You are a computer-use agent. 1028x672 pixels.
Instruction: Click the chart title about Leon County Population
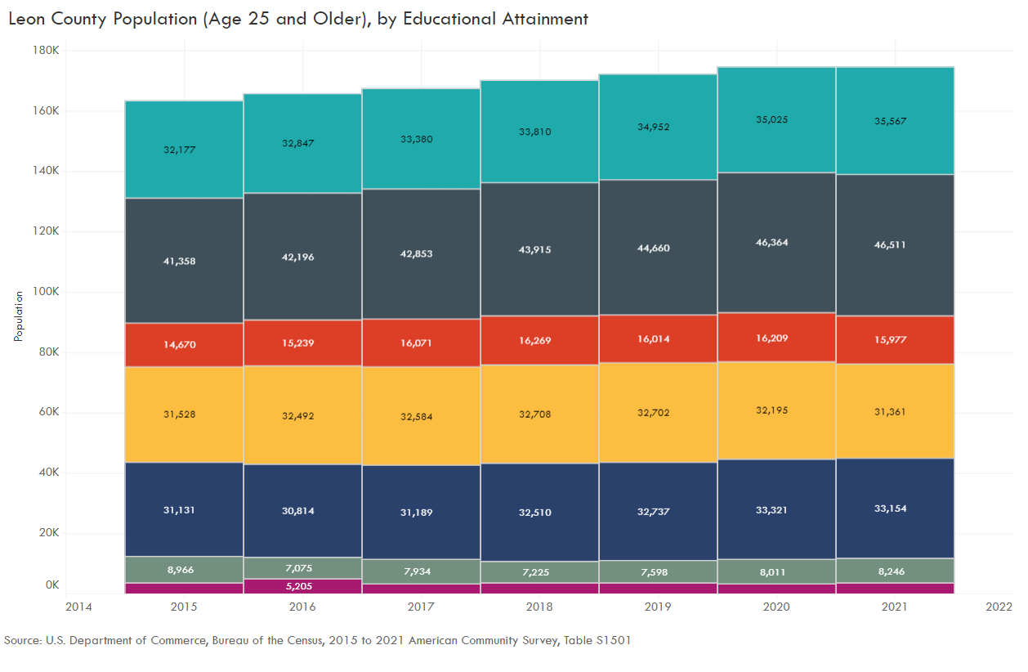pyautogui.click(x=297, y=19)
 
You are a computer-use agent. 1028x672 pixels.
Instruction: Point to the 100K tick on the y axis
pyautogui.click(x=47, y=292)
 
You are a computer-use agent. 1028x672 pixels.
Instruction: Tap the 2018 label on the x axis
pyautogui.click(x=539, y=607)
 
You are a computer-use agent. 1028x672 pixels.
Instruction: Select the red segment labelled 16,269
pyautogui.click(x=539, y=339)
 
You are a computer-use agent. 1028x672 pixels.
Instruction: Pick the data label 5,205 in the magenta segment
pyautogui.click(x=302, y=586)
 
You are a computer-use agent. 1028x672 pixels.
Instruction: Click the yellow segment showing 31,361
pyautogui.click(x=895, y=411)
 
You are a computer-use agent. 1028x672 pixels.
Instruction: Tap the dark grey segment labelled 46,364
pyautogui.click(x=776, y=243)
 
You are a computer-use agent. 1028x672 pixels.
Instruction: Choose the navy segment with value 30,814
pyautogui.click(x=302, y=510)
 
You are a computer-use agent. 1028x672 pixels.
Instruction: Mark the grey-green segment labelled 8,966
pyautogui.click(x=184, y=569)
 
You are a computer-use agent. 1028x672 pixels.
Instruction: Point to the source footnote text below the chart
pyautogui.click(x=317, y=640)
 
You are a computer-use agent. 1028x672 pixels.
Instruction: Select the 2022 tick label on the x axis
pyautogui.click(x=999, y=607)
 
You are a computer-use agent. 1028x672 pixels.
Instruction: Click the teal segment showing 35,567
pyautogui.click(x=895, y=121)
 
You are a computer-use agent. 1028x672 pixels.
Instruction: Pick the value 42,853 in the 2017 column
pyautogui.click(x=421, y=253)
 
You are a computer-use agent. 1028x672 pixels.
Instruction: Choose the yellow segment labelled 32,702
pyautogui.click(x=658, y=413)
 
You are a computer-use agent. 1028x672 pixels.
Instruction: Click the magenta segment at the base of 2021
pyautogui.click(x=895, y=588)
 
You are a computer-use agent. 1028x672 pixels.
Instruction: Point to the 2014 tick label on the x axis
pyautogui.click(x=79, y=607)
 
